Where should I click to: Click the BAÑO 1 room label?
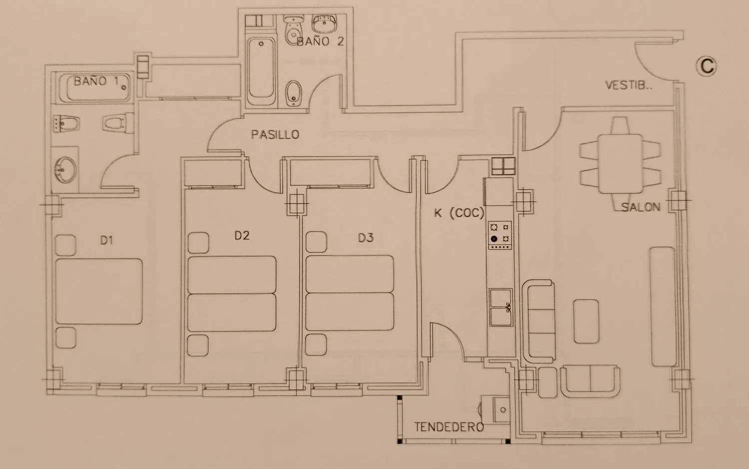[96, 81]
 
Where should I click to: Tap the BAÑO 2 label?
[320, 41]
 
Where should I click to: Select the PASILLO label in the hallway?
[275, 135]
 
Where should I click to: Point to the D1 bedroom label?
[107, 240]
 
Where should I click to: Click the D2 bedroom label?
[242, 235]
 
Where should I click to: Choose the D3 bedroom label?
[366, 237]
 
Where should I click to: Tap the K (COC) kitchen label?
[459, 213]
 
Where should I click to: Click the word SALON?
[641, 207]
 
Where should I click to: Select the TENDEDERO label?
[449, 427]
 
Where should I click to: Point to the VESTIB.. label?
[629, 85]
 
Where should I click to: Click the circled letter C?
[706, 66]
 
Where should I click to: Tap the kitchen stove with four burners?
[500, 235]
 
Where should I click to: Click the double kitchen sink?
[500, 307]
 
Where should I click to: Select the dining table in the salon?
[620, 164]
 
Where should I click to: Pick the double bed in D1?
[99, 291]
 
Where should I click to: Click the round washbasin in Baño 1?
[66, 170]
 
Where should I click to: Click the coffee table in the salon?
[586, 321]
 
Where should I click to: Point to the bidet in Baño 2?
[294, 94]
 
